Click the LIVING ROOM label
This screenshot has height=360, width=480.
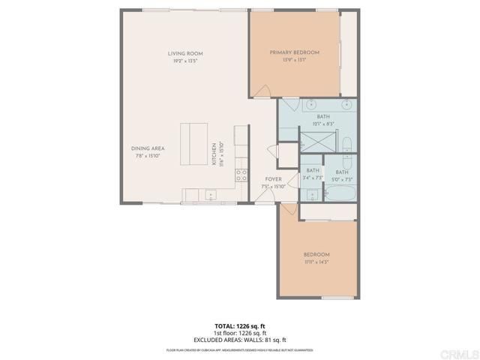click(x=185, y=53)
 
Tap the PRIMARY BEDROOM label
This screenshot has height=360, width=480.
click(x=295, y=52)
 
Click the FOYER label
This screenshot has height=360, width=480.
click(x=273, y=179)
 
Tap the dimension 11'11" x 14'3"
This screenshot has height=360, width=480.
click(x=316, y=262)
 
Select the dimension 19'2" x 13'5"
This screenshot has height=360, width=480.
click(x=185, y=61)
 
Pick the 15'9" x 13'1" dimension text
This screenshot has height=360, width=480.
click(x=295, y=60)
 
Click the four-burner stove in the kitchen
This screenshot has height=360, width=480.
click(x=241, y=175)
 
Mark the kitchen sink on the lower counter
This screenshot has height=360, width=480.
click(x=211, y=196)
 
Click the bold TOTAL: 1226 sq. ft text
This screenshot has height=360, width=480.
click(x=241, y=325)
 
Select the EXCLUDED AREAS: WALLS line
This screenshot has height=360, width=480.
click(x=241, y=338)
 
